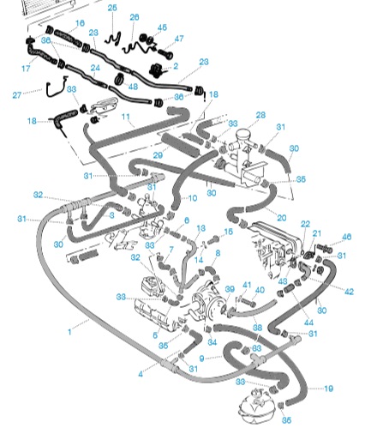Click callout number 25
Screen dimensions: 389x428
[112, 8]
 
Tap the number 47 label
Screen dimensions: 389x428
[179, 39]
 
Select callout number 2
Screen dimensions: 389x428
[176, 66]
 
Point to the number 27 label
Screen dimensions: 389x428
[17, 94]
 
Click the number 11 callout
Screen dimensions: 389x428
[126, 117]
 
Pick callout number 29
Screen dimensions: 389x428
[158, 155]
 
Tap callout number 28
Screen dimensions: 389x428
[260, 115]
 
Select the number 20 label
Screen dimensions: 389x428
[282, 218]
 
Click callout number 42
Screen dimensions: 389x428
[349, 292]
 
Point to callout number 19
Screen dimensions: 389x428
[329, 389]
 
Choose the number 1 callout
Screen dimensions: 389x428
[69, 332]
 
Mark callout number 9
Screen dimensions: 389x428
[202, 359]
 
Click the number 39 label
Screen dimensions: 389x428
[230, 289]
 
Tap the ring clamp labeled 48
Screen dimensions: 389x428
[120, 79]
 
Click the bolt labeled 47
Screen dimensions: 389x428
[165, 53]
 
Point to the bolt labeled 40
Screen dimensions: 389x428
[248, 302]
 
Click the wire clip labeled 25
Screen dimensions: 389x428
[113, 39]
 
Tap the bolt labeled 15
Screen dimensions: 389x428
[213, 239]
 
